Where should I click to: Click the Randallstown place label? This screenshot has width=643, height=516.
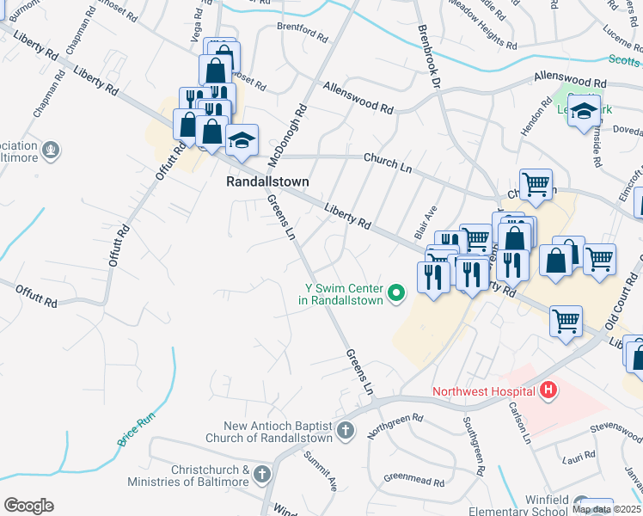(x=266, y=181)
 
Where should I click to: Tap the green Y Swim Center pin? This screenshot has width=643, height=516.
(x=396, y=294)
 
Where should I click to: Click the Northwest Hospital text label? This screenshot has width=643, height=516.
(x=485, y=391)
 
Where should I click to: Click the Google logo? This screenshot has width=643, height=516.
(x=28, y=505)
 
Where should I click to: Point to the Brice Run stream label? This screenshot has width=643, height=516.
(x=136, y=429)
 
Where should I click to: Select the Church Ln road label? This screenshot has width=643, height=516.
(x=383, y=159)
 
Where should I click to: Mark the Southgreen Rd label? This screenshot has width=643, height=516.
(x=475, y=446)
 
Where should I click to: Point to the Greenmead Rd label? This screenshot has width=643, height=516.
(x=412, y=476)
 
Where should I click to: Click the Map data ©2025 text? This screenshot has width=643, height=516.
(x=606, y=509)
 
